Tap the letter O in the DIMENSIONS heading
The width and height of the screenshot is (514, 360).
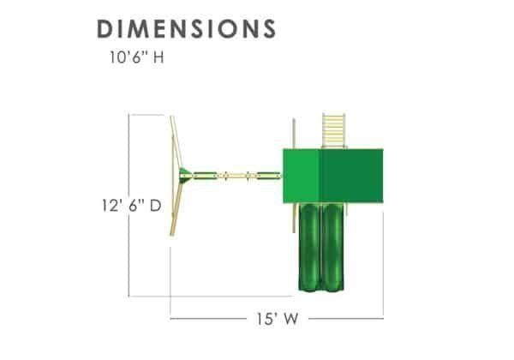[x=229, y=28]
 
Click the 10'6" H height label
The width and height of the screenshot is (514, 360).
[x=136, y=57]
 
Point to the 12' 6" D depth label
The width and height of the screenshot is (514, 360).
[x=132, y=206]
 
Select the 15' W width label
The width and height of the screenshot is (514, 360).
[x=278, y=319]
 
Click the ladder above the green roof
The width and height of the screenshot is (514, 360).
[x=334, y=131]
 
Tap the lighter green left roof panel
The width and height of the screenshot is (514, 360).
[x=302, y=176]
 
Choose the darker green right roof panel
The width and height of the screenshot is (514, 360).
[x=352, y=176]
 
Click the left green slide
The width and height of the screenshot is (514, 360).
[x=309, y=247]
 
